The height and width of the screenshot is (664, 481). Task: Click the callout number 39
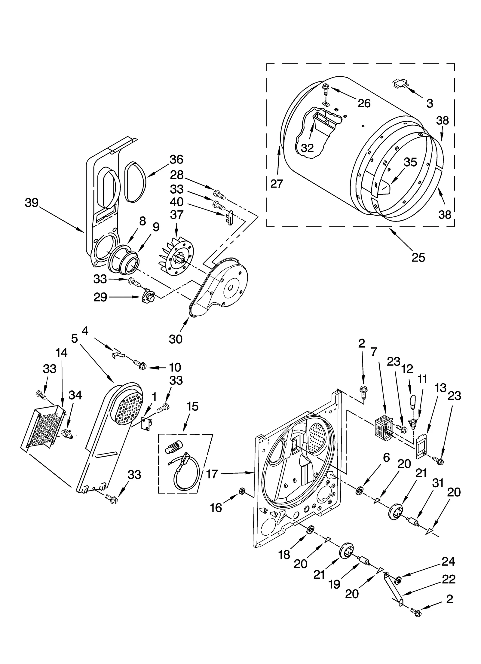32,203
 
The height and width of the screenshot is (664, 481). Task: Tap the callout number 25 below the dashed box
418,257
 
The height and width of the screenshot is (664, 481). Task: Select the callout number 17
212,474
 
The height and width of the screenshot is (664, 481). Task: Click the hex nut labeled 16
242,491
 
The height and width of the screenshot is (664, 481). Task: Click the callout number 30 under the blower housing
176,339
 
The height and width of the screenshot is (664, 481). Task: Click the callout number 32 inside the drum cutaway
307,148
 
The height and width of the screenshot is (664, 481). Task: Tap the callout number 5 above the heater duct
75,339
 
